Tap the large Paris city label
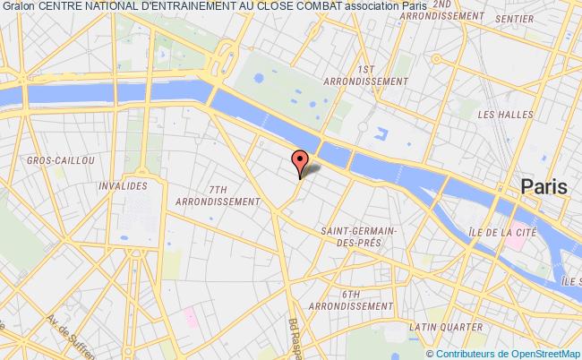(544, 187)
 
